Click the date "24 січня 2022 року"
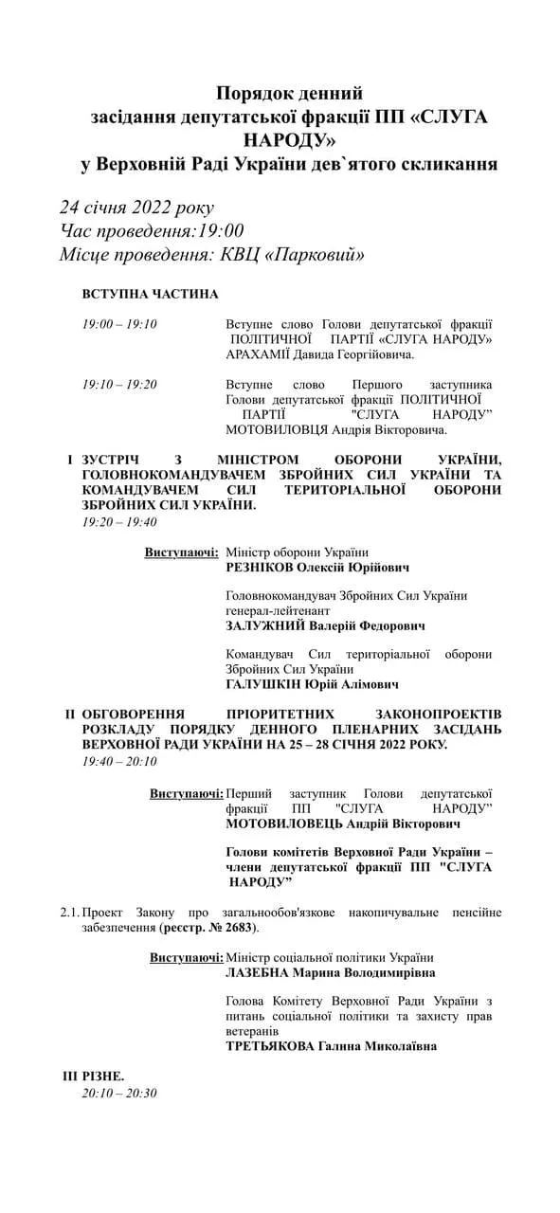click(136, 208)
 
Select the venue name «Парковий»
click(317, 255)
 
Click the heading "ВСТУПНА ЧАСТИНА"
click(150, 295)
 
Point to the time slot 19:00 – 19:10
click(119, 324)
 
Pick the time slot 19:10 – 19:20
click(119, 384)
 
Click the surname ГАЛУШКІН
click(267, 683)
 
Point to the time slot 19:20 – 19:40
click(119, 521)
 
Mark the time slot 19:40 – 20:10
click(119, 761)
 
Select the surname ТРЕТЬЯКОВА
click(275, 1046)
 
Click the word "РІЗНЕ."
click(103, 1076)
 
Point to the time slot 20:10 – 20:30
click(119, 1093)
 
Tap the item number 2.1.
click(69, 913)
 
